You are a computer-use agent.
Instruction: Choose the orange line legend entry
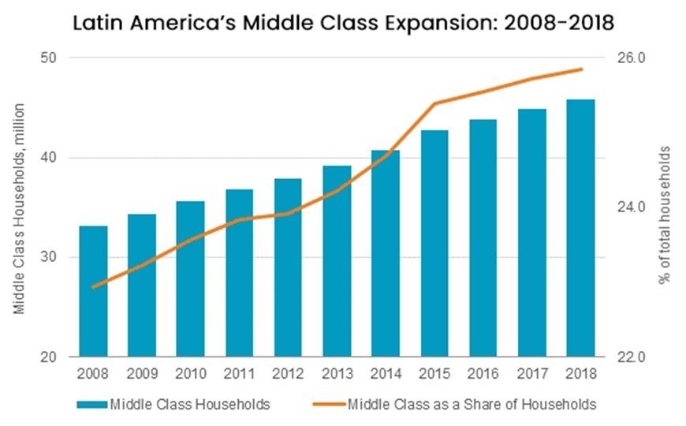[471, 405]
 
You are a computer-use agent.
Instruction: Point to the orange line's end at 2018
[580, 69]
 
